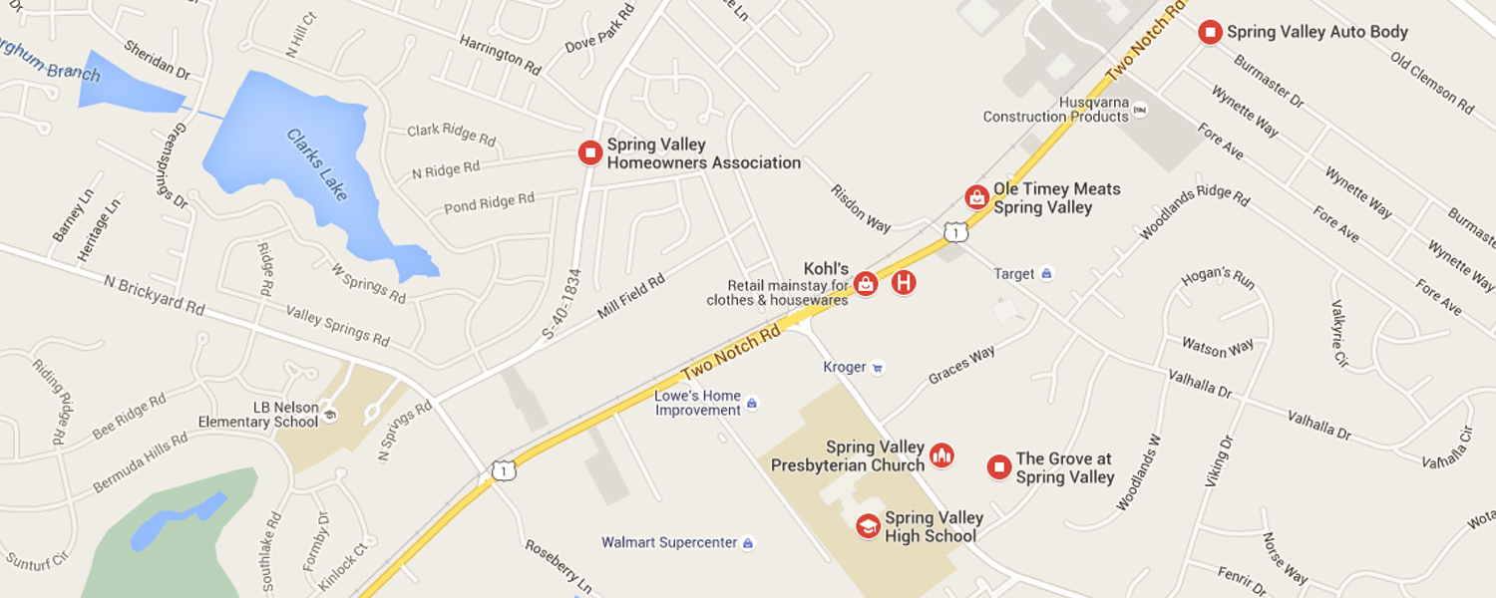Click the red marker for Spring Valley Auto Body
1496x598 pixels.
tap(1210, 32)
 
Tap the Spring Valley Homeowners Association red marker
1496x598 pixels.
tap(590, 153)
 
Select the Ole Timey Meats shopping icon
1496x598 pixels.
tap(977, 197)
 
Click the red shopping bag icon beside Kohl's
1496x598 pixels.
tap(866, 283)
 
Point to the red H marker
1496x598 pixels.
tap(904, 283)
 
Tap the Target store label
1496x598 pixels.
tap(1015, 274)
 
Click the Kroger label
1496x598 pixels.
tap(845, 367)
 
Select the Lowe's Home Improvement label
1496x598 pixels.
tap(698, 403)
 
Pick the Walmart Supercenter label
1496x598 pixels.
tap(669, 543)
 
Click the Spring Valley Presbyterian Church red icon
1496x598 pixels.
tap(941, 456)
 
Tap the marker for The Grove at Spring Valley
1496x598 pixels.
tap(999, 466)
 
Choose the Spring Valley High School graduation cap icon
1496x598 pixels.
tap(869, 525)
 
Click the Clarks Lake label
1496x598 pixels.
tap(317, 164)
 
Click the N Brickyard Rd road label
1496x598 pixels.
tap(154, 295)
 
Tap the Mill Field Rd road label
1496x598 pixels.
tap(630, 298)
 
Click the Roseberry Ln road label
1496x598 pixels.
tap(558, 565)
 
